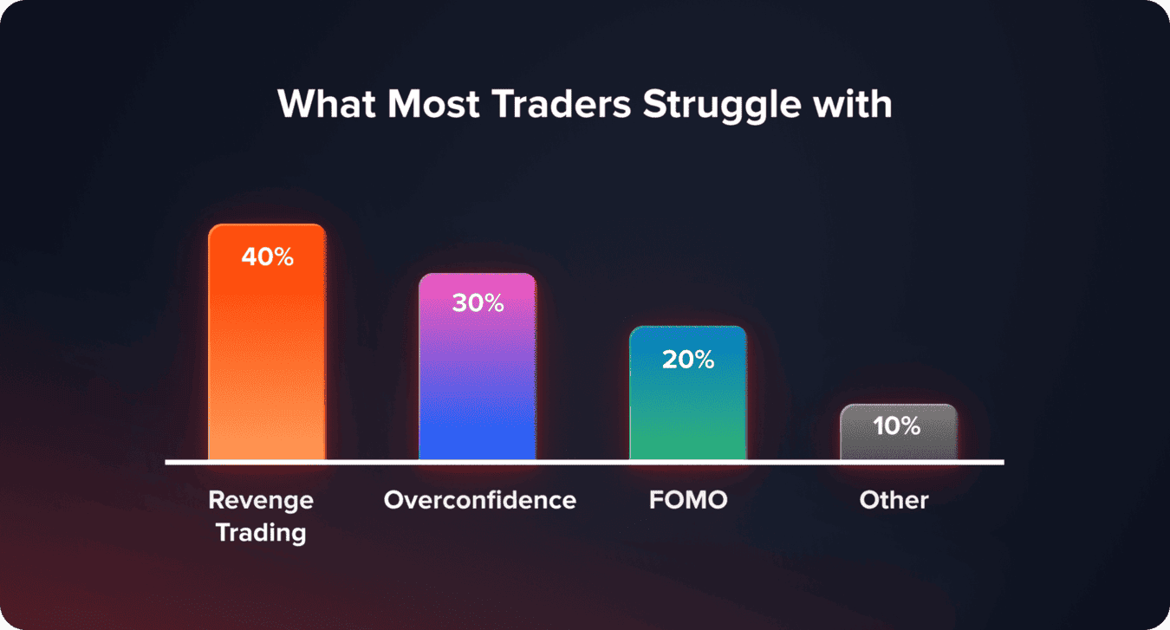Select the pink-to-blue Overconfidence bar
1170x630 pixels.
point(478,381)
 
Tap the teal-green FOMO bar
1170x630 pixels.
point(688,407)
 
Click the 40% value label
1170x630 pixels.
point(268,257)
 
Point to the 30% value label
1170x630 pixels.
point(478,303)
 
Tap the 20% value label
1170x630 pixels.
point(688,359)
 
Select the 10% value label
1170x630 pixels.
point(898,425)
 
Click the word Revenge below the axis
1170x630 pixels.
point(261,500)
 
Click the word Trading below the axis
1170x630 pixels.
point(261,531)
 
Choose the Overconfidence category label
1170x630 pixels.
point(479,500)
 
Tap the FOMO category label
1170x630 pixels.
point(688,500)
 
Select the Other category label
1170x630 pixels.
point(894,500)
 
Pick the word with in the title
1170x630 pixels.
point(855,105)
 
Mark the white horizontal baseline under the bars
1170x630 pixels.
point(584,462)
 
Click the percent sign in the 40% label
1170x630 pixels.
point(282,257)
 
